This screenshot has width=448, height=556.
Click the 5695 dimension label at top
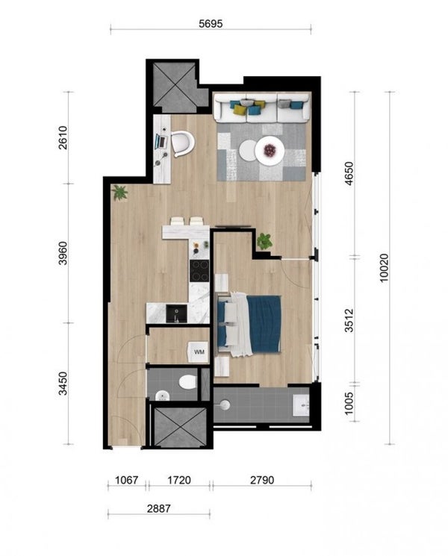pos(211,23)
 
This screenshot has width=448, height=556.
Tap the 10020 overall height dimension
pos(384,268)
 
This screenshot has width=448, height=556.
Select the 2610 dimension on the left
pos(63,137)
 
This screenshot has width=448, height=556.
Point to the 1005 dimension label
pos(349,403)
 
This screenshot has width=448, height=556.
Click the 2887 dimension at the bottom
pos(159,508)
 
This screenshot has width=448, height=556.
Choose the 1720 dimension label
pos(179,480)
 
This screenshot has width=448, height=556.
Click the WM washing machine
pos(198,352)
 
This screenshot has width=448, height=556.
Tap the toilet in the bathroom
pos(187,382)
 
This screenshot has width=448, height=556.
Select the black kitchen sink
pos(177,313)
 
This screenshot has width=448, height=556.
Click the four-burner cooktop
pos(199,271)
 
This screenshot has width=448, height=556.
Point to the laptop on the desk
pos(161,142)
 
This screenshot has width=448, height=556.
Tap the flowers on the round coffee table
pos(270,150)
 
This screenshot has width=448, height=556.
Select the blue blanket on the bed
pos(264,324)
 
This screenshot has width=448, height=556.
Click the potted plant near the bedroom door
pos(264,241)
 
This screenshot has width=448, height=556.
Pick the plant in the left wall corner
pos(119,193)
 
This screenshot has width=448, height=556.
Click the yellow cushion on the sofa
pos(240,110)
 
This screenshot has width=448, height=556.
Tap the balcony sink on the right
pos(301,405)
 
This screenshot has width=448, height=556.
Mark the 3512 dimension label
pos(349,320)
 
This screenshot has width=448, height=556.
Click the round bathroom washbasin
pos(162,396)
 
